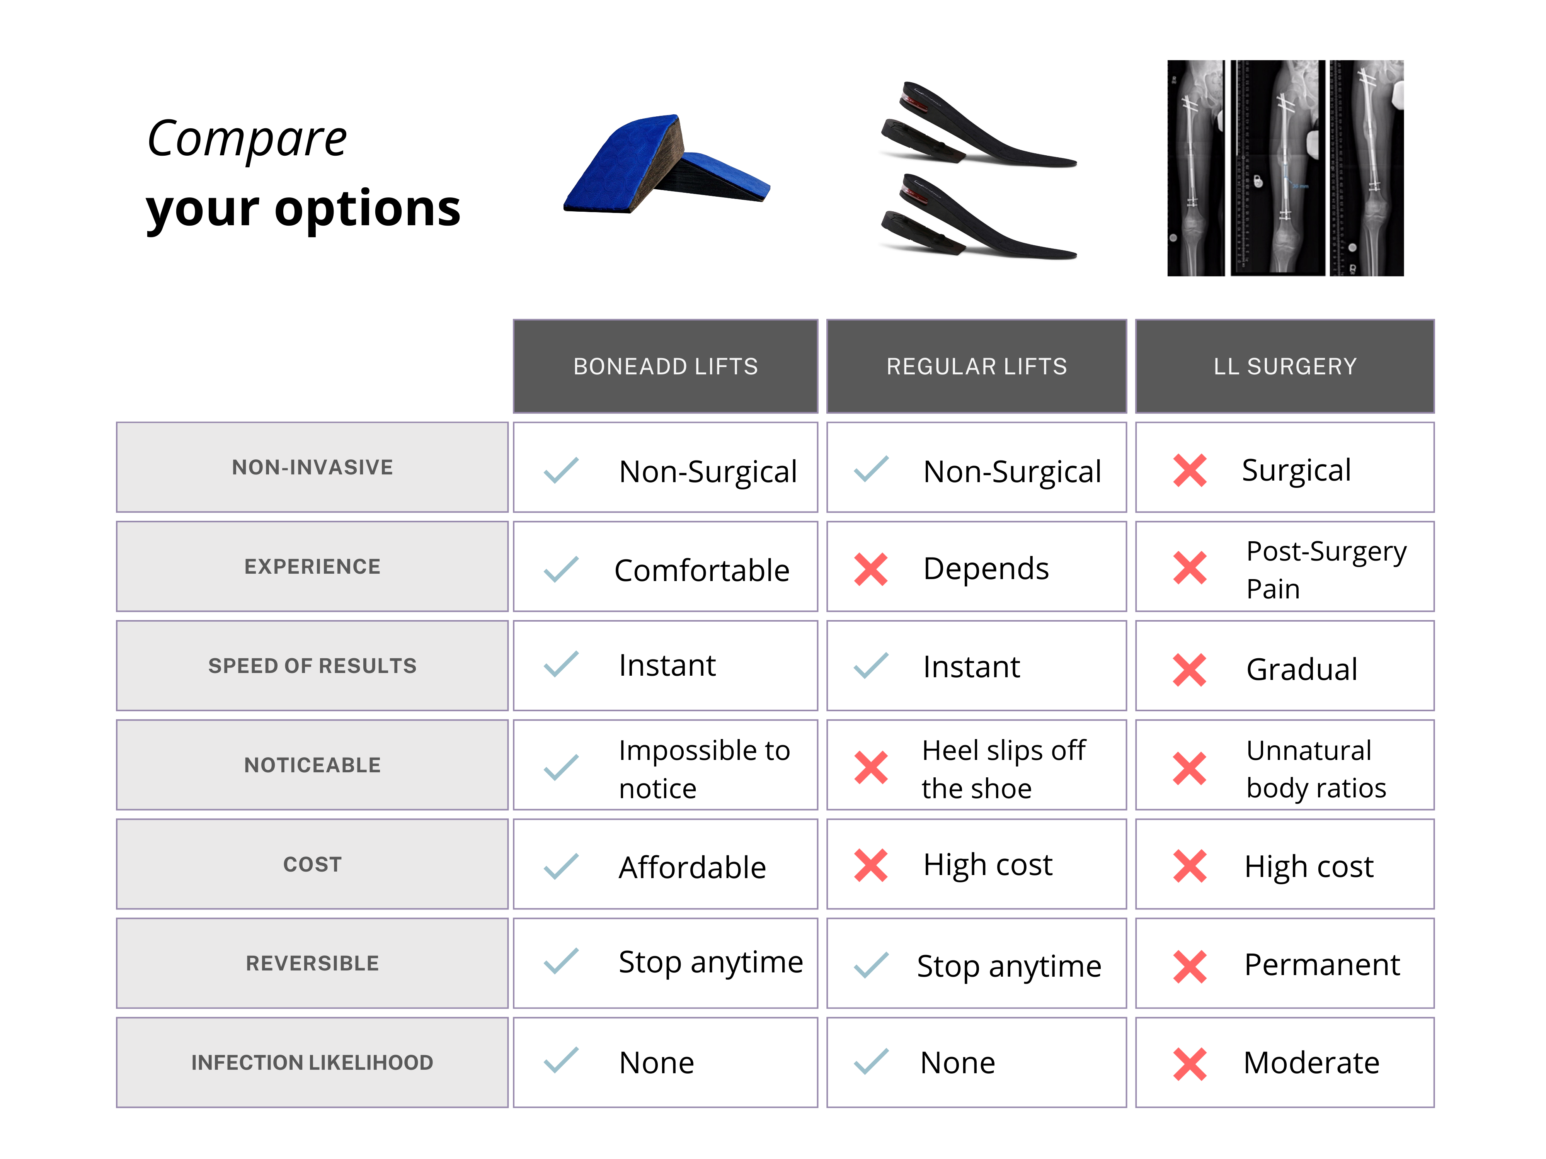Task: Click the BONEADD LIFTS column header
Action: tap(666, 366)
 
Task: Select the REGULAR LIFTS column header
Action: tap(976, 366)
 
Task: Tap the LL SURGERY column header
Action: tap(1285, 366)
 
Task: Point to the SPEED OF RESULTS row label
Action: tap(312, 666)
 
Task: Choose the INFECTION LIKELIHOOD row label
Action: tap(312, 1062)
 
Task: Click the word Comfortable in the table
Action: tap(702, 571)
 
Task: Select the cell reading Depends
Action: tap(976, 567)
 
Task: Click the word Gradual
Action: tap(1301, 669)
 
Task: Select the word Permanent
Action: tap(1322, 965)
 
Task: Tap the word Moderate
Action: tap(1311, 1062)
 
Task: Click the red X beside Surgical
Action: tap(1190, 470)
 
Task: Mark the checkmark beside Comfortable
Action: tap(561, 569)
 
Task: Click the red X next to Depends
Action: tap(871, 569)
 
